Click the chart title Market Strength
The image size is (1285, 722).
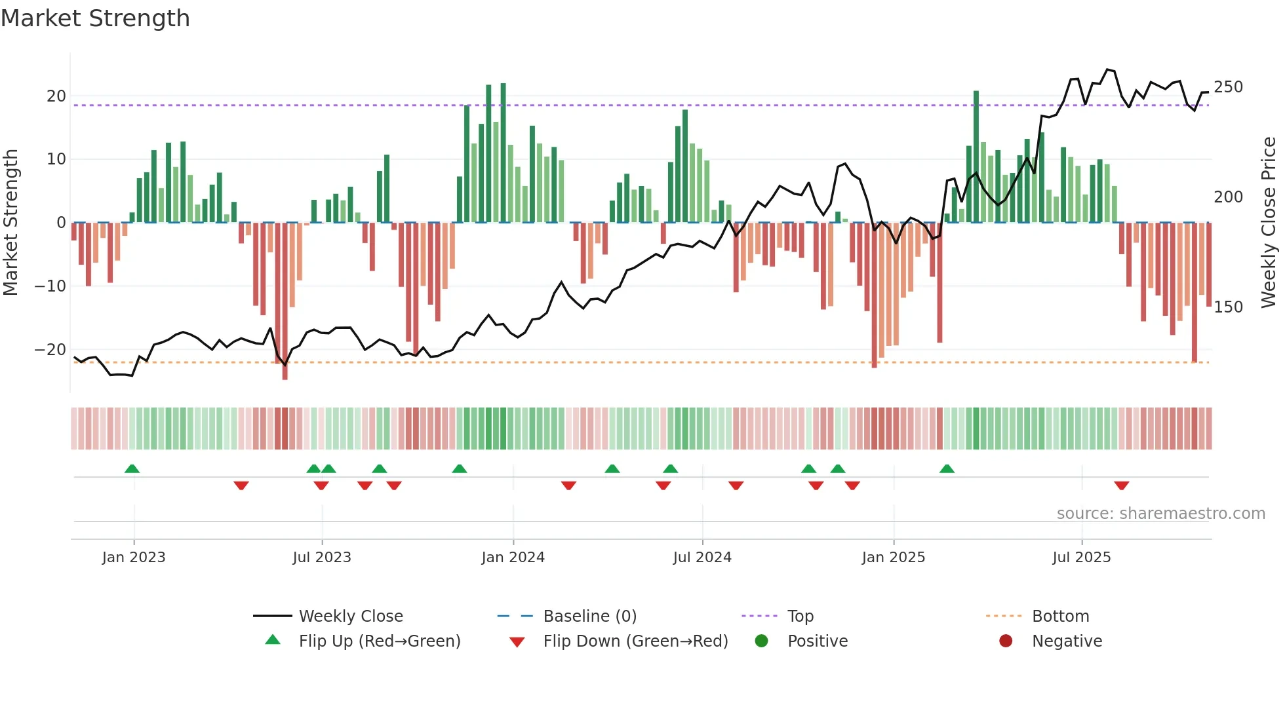[96, 18]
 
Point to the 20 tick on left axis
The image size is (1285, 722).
[56, 96]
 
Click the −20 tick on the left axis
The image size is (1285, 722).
[51, 349]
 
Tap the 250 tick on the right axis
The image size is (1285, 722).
[1228, 87]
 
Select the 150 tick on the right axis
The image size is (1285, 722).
[1228, 307]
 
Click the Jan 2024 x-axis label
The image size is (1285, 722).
[513, 558]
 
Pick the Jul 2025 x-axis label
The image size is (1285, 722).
[1081, 558]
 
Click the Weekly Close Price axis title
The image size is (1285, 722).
[1269, 223]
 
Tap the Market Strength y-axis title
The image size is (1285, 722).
[11, 223]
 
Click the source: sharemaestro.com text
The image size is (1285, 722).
[1160, 514]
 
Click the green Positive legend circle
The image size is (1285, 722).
[761, 641]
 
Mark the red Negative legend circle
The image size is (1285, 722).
[1006, 641]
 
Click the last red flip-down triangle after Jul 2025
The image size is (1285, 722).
[1121, 485]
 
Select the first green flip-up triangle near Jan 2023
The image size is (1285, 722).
[132, 468]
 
